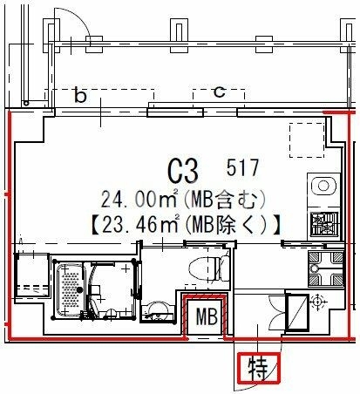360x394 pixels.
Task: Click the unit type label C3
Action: pos(184,172)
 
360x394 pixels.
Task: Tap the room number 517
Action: pos(242,167)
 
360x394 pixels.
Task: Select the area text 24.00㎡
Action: pos(139,199)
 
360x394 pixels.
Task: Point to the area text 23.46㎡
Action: pos(140,225)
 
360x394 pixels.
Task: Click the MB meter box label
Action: pos(207,316)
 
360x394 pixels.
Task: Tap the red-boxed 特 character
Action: pos(258,368)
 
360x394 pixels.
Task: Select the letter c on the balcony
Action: pos(219,92)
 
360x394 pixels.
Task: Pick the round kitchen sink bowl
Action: pos(323,186)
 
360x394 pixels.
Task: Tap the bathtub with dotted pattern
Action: pos(71,290)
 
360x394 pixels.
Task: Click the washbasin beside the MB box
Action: pos(157,312)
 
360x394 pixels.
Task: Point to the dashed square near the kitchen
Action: pos(307,140)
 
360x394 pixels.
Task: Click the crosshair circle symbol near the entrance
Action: pos(317,302)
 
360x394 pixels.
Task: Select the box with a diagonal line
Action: pos(297,312)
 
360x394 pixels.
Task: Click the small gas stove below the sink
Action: pos(324,223)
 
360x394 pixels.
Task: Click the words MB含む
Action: pos(225,199)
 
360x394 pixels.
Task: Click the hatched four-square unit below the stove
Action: pos(325,269)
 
